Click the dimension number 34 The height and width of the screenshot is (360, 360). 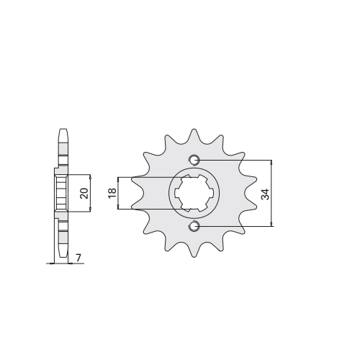(266, 194)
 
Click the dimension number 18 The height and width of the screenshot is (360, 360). (112, 193)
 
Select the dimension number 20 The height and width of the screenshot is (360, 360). (84, 193)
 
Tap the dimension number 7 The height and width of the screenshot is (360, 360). (78, 258)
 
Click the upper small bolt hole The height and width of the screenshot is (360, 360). (194, 160)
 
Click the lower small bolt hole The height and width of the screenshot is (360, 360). (194, 226)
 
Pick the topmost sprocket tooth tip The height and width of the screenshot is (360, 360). (194, 130)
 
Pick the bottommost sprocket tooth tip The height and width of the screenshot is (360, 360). (194, 257)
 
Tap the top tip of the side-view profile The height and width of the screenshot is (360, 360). (63, 129)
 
